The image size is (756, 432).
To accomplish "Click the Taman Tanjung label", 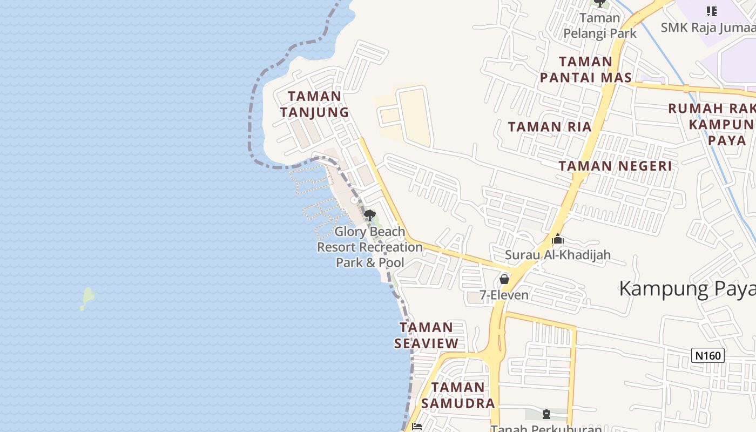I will coord(314,104).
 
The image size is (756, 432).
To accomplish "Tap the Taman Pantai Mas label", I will coord(585,70).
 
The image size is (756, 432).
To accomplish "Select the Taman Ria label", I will coord(550,127).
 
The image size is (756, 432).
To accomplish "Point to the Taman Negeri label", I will coord(615,166).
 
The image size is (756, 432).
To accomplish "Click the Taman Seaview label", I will coord(426,335).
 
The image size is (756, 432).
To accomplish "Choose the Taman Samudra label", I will coord(458,395).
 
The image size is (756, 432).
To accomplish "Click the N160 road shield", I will coord(707,355).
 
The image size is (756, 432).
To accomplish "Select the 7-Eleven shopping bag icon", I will coord(504,279).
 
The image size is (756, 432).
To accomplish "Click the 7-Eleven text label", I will coord(504,295).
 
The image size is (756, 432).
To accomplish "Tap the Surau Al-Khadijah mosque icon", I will coord(558,239).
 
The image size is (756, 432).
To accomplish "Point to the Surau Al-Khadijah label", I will coord(558,254).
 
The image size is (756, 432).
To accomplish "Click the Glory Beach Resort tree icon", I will coord(369,216).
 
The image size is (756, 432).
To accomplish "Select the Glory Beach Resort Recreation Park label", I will coord(370,247).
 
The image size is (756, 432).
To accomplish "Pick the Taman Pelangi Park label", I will coord(600,25).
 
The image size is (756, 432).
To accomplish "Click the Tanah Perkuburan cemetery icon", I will coord(546,414).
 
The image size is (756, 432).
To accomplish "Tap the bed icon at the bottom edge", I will coord(416,427).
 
